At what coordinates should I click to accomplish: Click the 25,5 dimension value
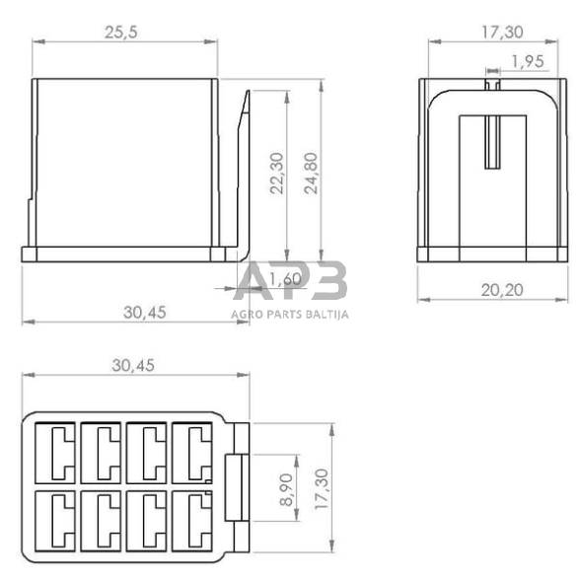coord(121,33)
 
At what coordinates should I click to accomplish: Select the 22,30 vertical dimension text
coord(276,174)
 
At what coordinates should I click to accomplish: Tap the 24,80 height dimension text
coord(311,174)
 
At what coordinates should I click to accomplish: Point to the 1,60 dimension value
coord(285,279)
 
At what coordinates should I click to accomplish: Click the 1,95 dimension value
coord(528,61)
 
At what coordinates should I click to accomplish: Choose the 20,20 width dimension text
coord(502,290)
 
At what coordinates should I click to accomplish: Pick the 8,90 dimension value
coord(286,489)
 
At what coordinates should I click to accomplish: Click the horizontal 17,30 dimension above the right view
coord(502,33)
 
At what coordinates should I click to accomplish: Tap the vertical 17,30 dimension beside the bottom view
coord(322,489)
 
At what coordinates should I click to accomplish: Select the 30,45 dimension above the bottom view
coord(133,365)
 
